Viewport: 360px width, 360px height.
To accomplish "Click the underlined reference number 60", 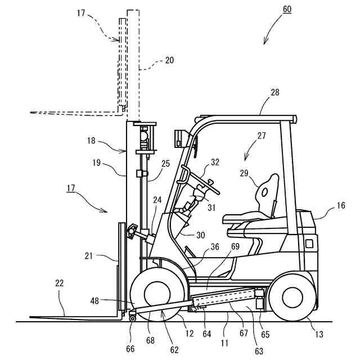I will [286, 9].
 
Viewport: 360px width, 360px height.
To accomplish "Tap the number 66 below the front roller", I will [131, 348].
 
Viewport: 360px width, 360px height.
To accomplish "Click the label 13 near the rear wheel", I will [319, 335].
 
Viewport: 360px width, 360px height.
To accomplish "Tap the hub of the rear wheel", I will [292, 297].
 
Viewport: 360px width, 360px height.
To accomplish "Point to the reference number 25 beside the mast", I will [165, 163].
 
